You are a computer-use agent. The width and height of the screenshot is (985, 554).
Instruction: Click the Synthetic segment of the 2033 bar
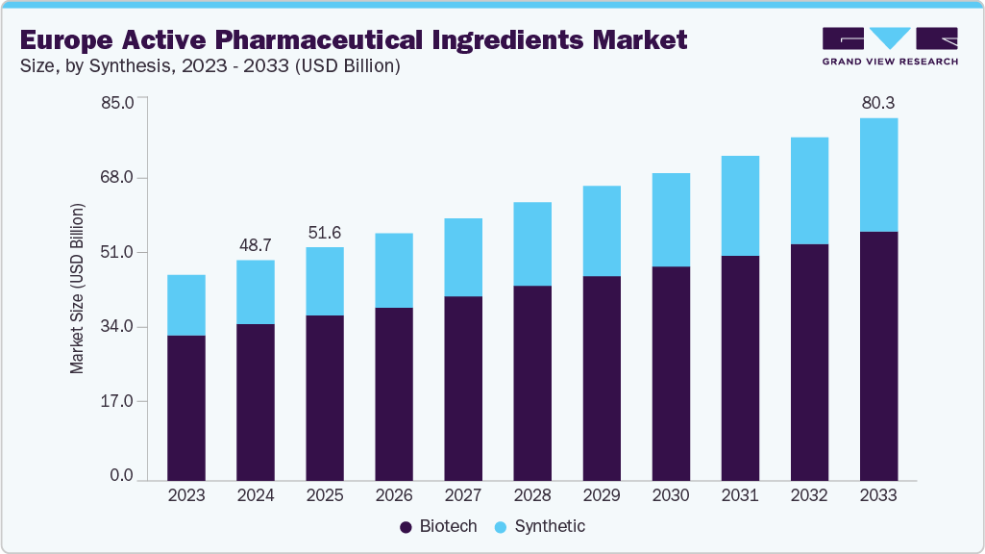[878, 175]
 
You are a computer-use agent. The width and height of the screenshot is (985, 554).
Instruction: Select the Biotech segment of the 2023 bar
[186, 408]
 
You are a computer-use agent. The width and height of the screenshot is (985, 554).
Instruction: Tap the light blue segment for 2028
[532, 244]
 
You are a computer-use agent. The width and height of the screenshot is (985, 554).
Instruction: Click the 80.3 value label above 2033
[878, 103]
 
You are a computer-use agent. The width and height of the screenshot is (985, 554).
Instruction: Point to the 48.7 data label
[256, 245]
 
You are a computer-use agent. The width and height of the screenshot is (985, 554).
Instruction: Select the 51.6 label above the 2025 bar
[325, 233]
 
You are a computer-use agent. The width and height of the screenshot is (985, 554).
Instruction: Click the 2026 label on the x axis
[394, 495]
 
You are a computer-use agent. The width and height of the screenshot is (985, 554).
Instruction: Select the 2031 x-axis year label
[740, 495]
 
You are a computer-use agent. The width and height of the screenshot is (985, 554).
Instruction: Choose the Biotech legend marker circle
[406, 527]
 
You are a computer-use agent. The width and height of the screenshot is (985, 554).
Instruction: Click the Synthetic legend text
[549, 527]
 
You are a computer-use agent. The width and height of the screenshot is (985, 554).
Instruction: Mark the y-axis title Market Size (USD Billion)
[77, 289]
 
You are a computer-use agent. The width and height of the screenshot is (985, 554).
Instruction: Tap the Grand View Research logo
[889, 45]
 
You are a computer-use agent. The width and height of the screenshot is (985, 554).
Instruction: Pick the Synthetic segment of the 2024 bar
[256, 292]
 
